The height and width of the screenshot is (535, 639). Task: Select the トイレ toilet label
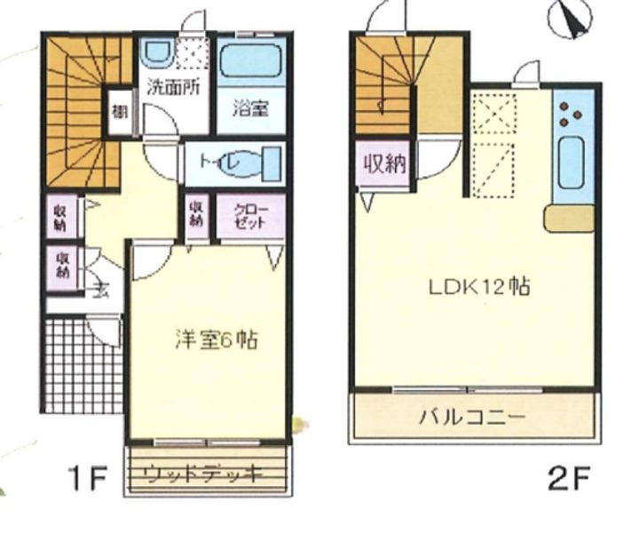pyautogui.click(x=216, y=164)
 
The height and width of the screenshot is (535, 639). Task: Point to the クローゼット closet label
pyautogui.click(x=250, y=217)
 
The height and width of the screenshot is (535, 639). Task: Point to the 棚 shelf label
pyautogui.click(x=118, y=113)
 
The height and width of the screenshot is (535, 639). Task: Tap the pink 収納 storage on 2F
pyautogui.click(x=384, y=164)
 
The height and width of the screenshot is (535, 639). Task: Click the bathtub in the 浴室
pyautogui.click(x=251, y=60)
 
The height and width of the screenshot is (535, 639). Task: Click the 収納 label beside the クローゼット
pyautogui.click(x=196, y=217)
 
